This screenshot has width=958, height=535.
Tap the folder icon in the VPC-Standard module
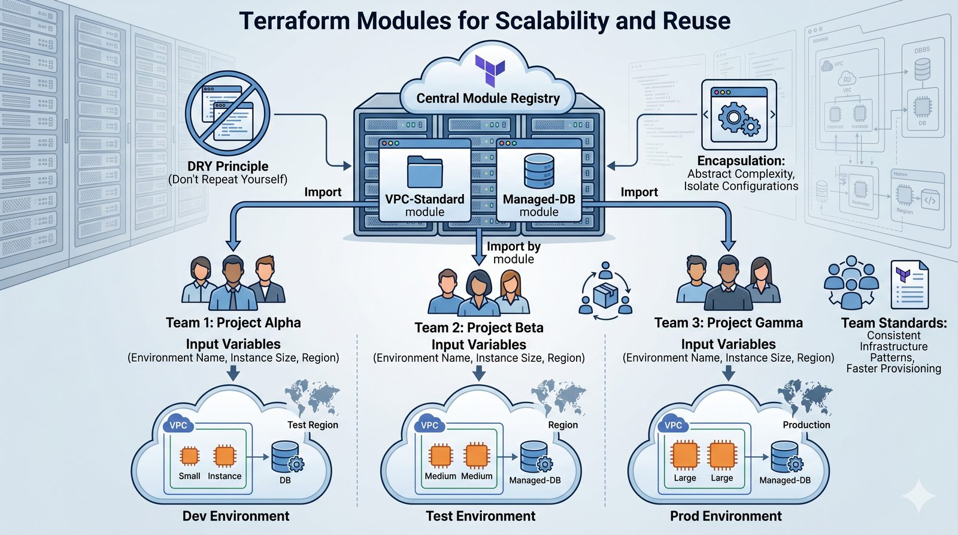tap(425, 171)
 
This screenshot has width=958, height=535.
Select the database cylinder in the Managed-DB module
tap(539, 171)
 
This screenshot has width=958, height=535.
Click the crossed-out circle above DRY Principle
tap(228, 114)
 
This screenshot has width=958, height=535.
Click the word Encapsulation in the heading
tap(740, 161)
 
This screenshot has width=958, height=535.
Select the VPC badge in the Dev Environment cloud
tap(178, 425)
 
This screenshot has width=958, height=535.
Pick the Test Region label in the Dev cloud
tap(313, 425)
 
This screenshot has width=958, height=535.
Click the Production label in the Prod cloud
tap(806, 425)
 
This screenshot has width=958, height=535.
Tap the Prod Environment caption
tap(726, 516)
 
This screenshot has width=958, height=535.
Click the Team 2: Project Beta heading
tap(479, 328)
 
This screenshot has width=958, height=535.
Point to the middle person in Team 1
tap(233, 282)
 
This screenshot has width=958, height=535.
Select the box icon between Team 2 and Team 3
tap(606, 294)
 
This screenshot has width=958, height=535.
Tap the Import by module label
tap(513, 253)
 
